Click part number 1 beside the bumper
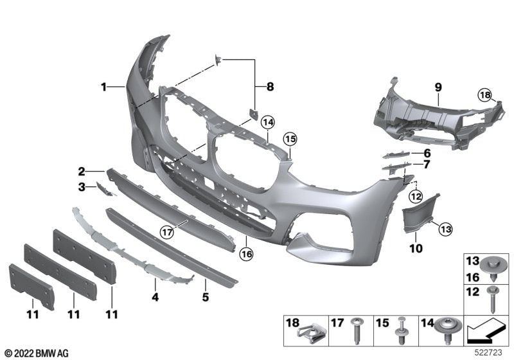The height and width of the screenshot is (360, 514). click(102, 85)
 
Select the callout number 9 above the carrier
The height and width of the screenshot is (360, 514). click(437, 85)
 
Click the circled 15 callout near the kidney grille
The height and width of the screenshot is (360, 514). click(290, 139)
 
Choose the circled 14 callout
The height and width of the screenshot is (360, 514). click(267, 122)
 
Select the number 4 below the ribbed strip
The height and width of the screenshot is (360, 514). click(155, 298)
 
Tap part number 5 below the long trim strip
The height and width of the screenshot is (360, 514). click(205, 298)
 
